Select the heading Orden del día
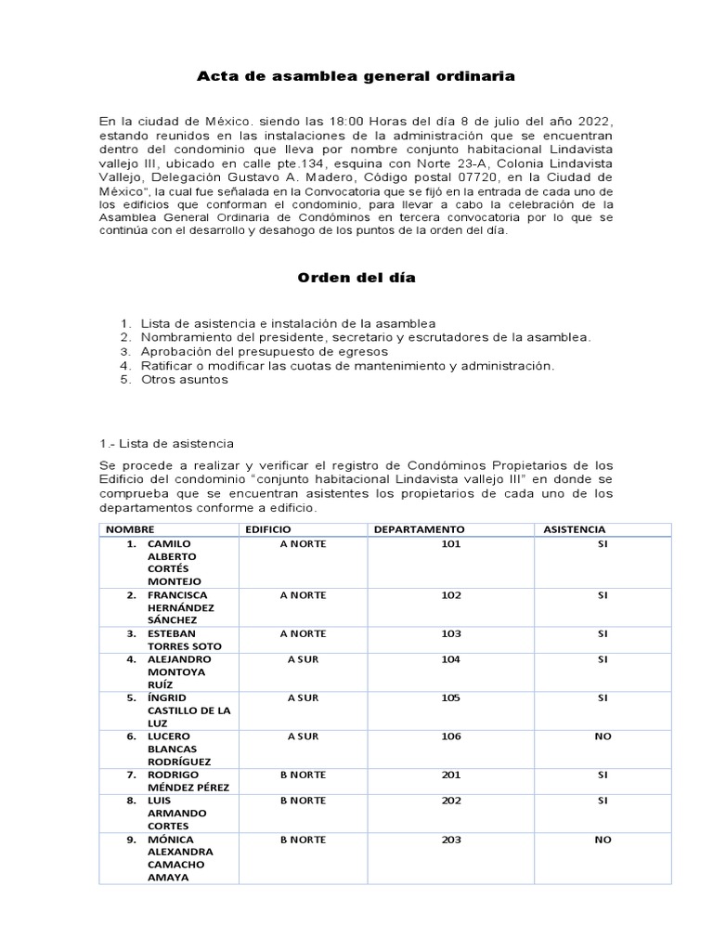(x=356, y=278)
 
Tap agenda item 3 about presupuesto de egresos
(x=264, y=352)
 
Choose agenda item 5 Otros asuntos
(x=184, y=380)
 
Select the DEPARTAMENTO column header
(x=419, y=528)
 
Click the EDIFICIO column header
(x=268, y=528)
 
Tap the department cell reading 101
(x=451, y=544)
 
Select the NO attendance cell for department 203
(x=603, y=840)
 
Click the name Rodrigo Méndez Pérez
(x=187, y=780)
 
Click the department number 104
(x=451, y=659)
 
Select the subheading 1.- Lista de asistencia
(x=166, y=443)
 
